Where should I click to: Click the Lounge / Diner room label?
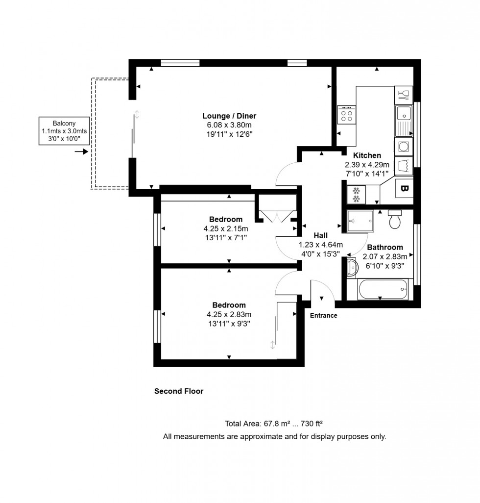pyautogui.click(x=229, y=116)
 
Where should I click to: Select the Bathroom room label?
pyautogui.click(x=385, y=247)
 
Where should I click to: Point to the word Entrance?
pyautogui.click(x=323, y=315)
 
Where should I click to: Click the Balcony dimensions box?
pyautogui.click(x=65, y=131)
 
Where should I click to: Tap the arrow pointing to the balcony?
pyautogui.click(x=81, y=152)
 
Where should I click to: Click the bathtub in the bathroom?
pyautogui.click(x=383, y=289)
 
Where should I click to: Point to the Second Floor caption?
pyautogui.click(x=179, y=391)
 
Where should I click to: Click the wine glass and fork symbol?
pyautogui.click(x=404, y=93)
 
